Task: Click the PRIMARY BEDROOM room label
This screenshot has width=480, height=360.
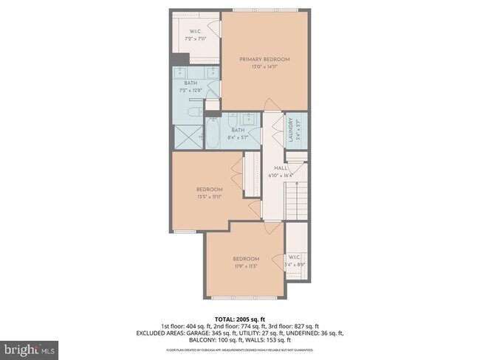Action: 264,59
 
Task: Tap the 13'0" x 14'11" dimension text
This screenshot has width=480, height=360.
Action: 264,67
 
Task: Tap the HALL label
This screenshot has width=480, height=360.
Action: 281,168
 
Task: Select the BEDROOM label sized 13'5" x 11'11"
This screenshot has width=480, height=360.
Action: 209,190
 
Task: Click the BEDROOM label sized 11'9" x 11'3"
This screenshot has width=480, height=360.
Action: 246,259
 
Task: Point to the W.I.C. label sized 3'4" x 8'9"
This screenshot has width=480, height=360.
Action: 295,258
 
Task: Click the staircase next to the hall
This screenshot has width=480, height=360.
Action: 295,199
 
